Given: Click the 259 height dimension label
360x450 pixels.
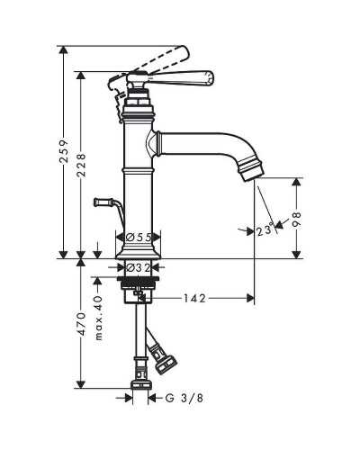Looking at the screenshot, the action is pyautogui.click(x=64, y=151).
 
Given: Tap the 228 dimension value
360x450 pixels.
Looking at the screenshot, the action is pyautogui.click(x=81, y=165).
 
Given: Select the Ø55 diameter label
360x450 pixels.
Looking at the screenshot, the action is pyautogui.click(x=139, y=238).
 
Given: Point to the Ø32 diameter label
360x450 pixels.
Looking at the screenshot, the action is pyautogui.click(x=139, y=267).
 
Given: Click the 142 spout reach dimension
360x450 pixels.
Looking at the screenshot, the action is pyautogui.click(x=194, y=298).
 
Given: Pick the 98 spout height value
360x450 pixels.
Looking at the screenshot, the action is pyautogui.click(x=296, y=220).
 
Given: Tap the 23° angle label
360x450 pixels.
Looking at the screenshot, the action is pyautogui.click(x=265, y=230).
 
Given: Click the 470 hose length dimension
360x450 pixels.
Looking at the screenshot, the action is pyautogui.click(x=81, y=324).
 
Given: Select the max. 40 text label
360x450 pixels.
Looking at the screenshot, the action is pyautogui.click(x=98, y=318).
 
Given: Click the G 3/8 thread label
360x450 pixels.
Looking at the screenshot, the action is pyautogui.click(x=184, y=398).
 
